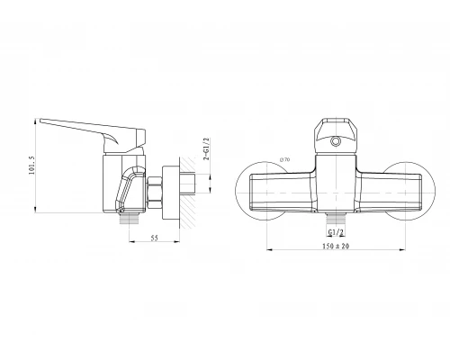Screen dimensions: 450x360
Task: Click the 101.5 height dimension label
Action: (31, 166)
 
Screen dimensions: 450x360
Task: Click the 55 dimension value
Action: (154, 238)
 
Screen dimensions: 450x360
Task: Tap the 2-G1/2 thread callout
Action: (206, 149)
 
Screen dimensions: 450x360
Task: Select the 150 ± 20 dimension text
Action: (336, 246)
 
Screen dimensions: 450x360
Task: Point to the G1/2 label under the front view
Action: (336, 232)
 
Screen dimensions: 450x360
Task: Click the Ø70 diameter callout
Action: (284, 160)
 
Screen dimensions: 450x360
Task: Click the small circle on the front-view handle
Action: (335, 141)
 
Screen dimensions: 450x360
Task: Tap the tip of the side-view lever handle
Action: (40, 120)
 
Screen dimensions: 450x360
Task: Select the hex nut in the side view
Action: (155, 193)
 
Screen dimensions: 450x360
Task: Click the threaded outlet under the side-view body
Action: (130, 218)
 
